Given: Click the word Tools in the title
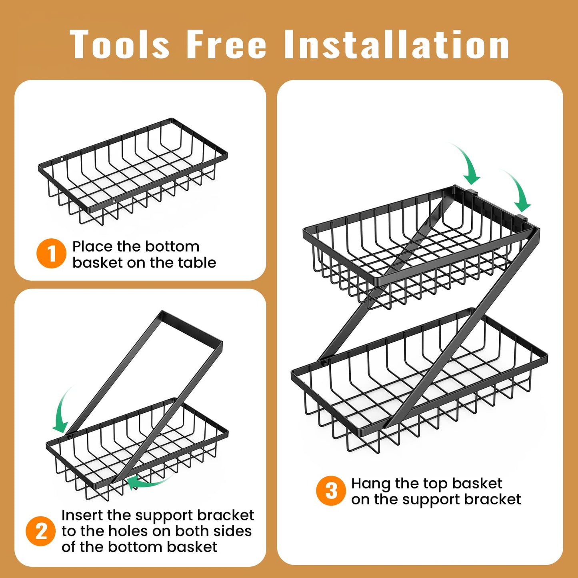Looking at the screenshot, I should [120, 44].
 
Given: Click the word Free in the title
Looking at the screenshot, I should [226, 44].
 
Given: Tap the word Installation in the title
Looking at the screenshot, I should [396, 44].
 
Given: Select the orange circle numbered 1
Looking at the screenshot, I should [51, 254].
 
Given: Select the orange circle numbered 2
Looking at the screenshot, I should [41, 532].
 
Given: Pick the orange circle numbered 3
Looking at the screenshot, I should [331, 491].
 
